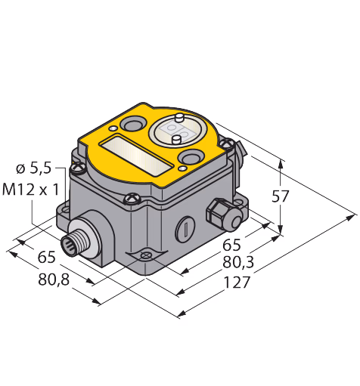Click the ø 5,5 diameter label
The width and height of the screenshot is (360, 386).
pyautogui.click(x=34, y=168)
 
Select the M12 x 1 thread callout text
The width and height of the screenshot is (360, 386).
pyautogui.click(x=31, y=190)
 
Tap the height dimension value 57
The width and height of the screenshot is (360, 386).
pyautogui.click(x=280, y=196)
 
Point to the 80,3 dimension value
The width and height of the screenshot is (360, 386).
pyautogui.click(x=238, y=263)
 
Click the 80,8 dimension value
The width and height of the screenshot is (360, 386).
pyautogui.click(x=54, y=279)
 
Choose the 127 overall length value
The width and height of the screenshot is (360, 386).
pyautogui.click(x=237, y=283)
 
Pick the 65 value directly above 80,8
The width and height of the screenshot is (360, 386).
pyautogui.click(x=46, y=258)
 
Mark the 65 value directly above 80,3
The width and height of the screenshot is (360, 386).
pyautogui.click(x=231, y=245)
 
